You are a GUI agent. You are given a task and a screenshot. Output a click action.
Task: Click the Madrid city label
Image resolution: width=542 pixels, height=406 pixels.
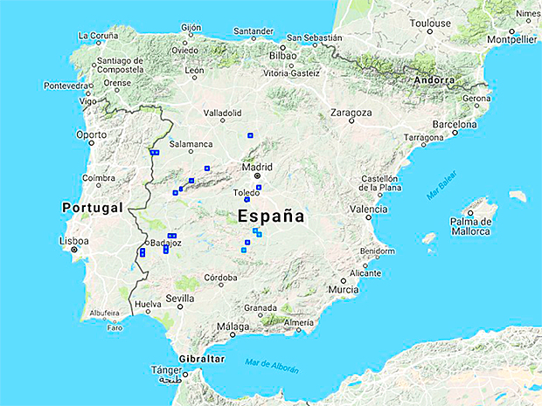[x=257, y=166]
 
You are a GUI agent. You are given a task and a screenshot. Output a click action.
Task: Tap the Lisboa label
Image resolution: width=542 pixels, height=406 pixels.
[x=74, y=240]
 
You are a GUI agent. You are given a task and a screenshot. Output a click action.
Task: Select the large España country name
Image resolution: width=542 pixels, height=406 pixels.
[x=271, y=216]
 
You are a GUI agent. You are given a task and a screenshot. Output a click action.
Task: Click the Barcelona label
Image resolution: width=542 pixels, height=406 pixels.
[x=455, y=124]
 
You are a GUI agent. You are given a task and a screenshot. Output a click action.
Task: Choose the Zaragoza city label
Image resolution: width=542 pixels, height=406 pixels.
[x=351, y=113]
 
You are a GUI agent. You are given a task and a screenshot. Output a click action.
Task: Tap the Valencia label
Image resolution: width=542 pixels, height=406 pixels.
[x=368, y=210]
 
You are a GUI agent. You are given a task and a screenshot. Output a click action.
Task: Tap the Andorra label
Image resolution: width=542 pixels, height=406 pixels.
[x=435, y=79]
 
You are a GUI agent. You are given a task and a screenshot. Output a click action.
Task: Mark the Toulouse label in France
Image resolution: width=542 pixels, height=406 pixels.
[x=432, y=23]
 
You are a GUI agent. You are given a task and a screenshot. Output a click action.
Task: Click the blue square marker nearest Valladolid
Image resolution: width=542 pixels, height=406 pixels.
[x=250, y=135]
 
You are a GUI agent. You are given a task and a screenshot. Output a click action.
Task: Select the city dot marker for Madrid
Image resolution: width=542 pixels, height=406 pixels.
[x=258, y=175]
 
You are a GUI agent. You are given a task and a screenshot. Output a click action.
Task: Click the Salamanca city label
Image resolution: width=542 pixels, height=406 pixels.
[x=191, y=144]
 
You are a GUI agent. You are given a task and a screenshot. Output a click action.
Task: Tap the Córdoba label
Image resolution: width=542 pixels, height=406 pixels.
[x=220, y=278]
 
